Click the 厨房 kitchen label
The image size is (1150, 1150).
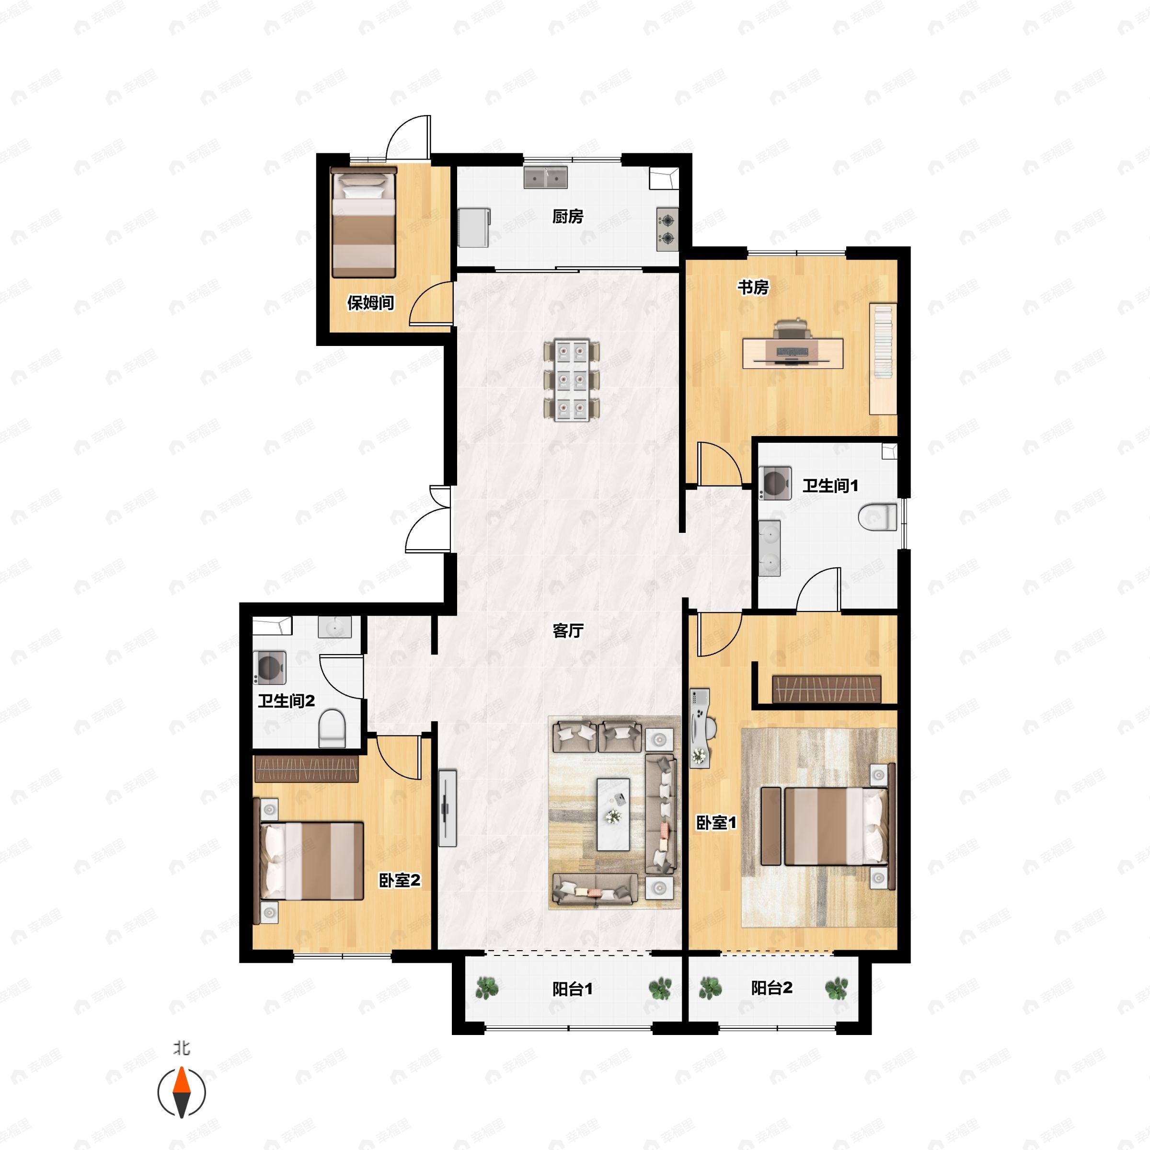click(x=567, y=217)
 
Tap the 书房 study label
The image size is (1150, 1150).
click(x=753, y=287)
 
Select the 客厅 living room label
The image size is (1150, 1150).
click(x=568, y=631)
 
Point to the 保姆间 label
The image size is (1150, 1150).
click(x=370, y=303)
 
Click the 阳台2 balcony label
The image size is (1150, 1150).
click(x=771, y=988)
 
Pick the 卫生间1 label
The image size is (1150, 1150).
click(x=830, y=486)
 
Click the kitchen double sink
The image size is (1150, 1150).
click(x=545, y=177)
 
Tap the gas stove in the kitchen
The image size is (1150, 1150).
click(x=668, y=229)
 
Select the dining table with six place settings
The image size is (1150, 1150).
click(x=572, y=380)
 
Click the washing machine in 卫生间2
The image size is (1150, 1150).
click(x=270, y=667)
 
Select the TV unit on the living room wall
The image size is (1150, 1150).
click(x=448, y=808)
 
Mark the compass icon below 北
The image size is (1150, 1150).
click(x=182, y=1093)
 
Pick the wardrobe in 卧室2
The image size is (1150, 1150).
click(x=307, y=769)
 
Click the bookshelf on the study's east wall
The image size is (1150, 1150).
click(x=883, y=358)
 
